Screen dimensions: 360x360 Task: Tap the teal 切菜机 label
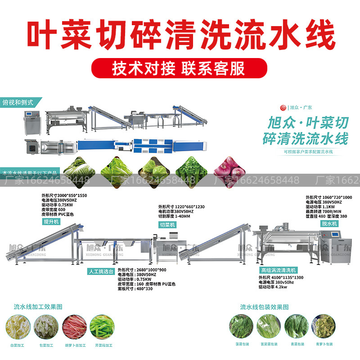click(x=167, y=224)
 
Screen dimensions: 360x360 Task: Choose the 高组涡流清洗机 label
click(x=279, y=270)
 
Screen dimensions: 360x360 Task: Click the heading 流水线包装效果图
click(x=264, y=307)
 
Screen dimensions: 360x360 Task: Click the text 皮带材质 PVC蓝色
click(x=57, y=214)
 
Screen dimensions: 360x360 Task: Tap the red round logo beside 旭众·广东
click(x=283, y=108)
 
